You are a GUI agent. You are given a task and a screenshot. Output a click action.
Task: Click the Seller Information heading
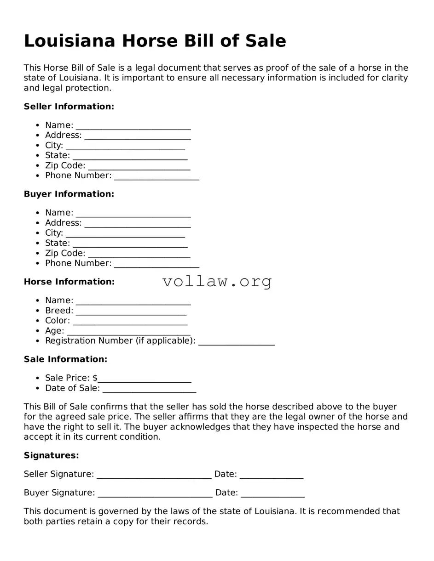(x=69, y=107)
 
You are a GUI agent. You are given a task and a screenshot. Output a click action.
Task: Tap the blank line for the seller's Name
(x=133, y=126)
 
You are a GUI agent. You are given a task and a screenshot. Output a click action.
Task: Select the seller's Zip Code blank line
(x=139, y=166)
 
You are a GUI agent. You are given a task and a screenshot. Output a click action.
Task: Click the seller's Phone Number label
(x=78, y=176)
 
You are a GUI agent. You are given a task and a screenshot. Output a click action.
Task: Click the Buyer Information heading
(x=69, y=194)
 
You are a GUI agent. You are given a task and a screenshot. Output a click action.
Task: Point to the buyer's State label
(x=58, y=243)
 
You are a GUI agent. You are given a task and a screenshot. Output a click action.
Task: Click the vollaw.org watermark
(x=217, y=281)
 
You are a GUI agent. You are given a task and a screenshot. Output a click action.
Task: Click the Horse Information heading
(x=69, y=282)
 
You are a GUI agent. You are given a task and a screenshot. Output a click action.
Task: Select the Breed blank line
(x=131, y=312)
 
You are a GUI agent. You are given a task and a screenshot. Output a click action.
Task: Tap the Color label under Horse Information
(x=58, y=321)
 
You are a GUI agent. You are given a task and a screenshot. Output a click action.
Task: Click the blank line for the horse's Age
(x=128, y=332)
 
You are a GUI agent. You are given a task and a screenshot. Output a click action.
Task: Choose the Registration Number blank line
(x=237, y=342)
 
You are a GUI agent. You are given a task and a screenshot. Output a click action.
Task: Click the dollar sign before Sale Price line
(x=95, y=378)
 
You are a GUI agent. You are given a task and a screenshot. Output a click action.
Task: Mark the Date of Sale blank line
(x=149, y=389)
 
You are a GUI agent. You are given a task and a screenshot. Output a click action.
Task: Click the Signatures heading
(x=52, y=455)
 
